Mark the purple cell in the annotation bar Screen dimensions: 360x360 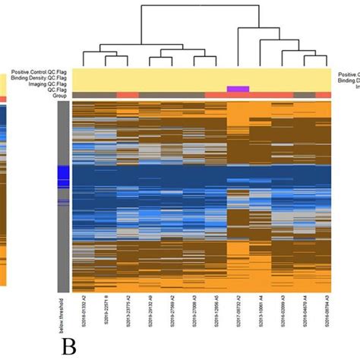point(238,90)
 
